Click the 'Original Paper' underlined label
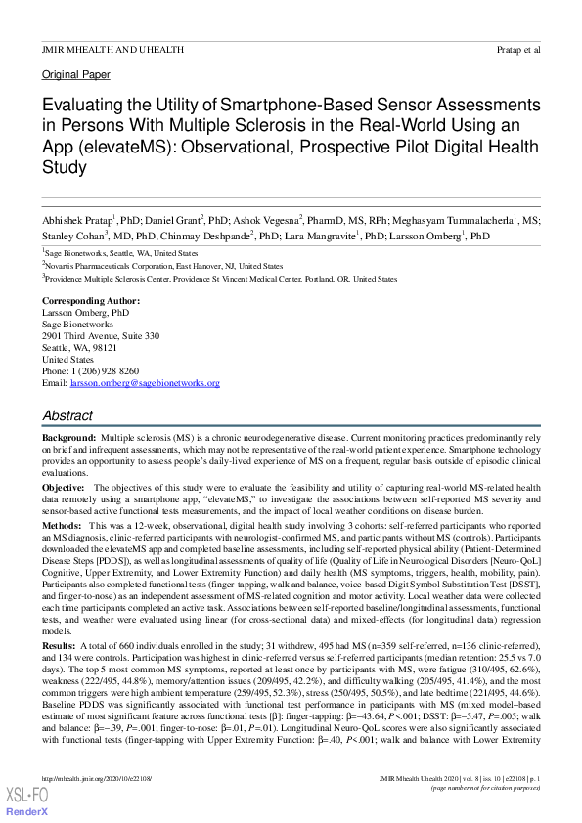tap(74, 74)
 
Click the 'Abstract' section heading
tap(67, 415)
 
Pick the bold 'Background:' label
tap(68, 439)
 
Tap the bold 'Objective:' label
tap(64, 487)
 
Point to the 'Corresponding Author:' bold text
tap(90, 300)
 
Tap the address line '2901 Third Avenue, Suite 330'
tap(100, 335)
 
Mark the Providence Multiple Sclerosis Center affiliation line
tap(221, 279)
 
